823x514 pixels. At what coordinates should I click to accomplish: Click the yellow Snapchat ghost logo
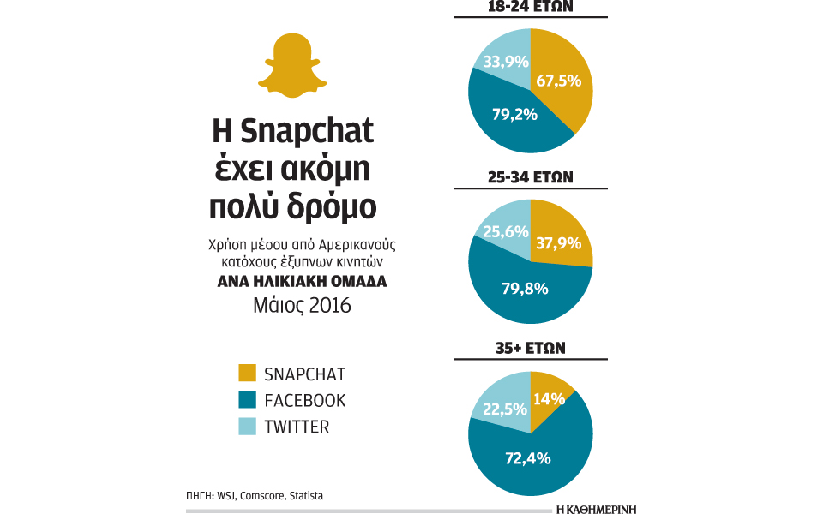point(293,66)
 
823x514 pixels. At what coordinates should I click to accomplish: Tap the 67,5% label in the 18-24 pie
point(559,81)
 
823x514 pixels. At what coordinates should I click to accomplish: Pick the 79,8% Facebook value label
point(524,288)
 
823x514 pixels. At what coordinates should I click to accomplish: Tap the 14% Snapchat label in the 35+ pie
point(549,398)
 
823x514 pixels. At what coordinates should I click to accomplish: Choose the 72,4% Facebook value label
point(526,459)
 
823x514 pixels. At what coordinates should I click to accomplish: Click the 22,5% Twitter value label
point(500,409)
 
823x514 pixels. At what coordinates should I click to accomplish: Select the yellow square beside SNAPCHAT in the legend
point(247,374)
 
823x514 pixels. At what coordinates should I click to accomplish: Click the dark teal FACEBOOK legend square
point(247,400)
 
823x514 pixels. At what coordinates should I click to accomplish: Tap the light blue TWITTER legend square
point(247,426)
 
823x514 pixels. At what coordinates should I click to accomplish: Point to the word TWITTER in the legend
point(297,427)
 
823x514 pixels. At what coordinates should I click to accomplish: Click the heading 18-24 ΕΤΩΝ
point(532,7)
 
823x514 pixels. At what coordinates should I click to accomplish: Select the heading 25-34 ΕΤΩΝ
point(532,177)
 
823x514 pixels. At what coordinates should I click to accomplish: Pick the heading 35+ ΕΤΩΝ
point(532,349)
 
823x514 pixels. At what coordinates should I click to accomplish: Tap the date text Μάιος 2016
point(293,306)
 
